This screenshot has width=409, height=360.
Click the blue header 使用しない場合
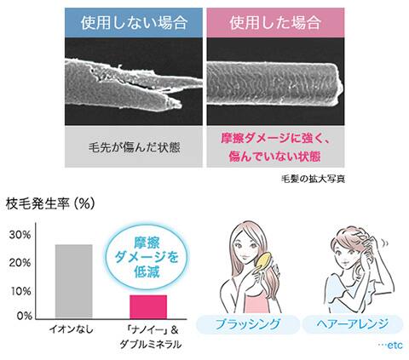[x=134, y=23]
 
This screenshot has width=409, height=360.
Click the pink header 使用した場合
[x=275, y=23]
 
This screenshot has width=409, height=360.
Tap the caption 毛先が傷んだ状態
[x=134, y=148]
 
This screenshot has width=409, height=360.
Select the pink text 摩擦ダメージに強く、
[x=275, y=140]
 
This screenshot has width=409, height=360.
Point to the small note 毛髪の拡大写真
[x=313, y=180]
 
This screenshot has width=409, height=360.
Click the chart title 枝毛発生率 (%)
[x=50, y=204]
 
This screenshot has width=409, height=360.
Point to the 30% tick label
[x=20, y=235]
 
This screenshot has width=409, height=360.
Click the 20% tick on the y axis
[x=20, y=263]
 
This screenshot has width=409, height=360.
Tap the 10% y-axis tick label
[x=20, y=291]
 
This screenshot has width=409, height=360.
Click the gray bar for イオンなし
[x=74, y=281]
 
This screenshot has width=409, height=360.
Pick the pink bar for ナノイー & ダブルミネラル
[x=148, y=306]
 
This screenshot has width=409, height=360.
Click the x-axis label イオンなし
[x=72, y=330]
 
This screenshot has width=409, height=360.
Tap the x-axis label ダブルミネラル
[x=150, y=345]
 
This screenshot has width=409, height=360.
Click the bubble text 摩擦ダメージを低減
[x=147, y=257]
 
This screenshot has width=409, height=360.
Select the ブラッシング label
[x=248, y=324]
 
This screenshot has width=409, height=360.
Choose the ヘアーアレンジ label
[x=353, y=323]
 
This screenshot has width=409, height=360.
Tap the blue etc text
[x=390, y=345]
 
